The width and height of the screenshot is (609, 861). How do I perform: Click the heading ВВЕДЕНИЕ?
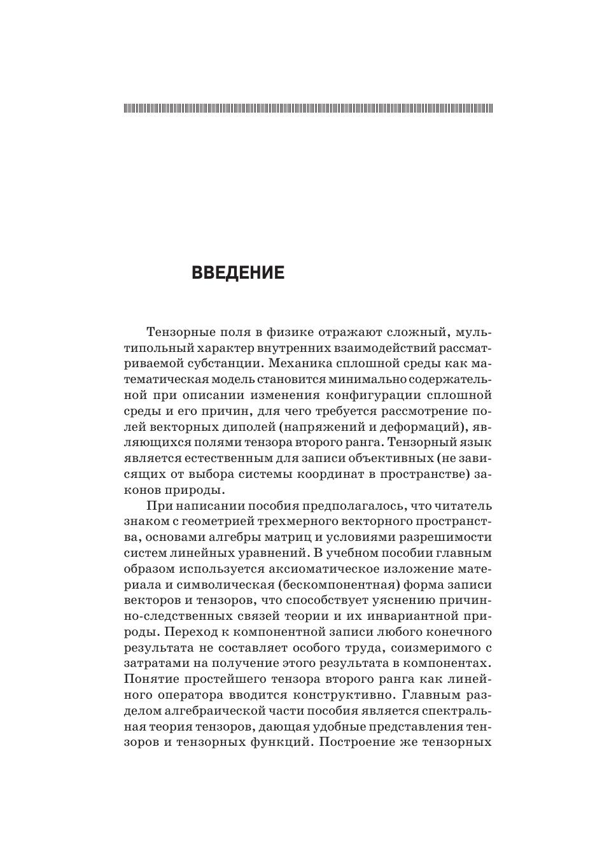click(x=238, y=273)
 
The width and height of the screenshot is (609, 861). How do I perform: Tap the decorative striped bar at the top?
click(x=308, y=108)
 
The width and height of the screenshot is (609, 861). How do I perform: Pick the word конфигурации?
click(x=375, y=395)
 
